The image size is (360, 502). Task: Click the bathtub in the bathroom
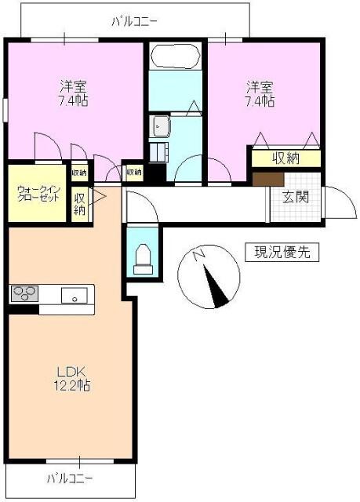[x=175, y=56]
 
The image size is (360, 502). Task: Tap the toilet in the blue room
[x=142, y=259]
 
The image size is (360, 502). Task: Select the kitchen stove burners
[x=24, y=295]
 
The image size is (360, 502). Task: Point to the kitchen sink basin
[x=77, y=296]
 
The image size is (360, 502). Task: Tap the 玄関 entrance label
[x=296, y=196]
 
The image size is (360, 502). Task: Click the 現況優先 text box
[x=282, y=253]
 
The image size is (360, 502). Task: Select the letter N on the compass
[x=199, y=255]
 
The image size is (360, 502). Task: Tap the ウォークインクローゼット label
[x=38, y=193]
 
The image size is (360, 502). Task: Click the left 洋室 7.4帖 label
[x=73, y=93]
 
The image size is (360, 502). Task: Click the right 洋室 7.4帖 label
[x=261, y=93]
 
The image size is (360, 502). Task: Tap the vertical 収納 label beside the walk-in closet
[x=79, y=204]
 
